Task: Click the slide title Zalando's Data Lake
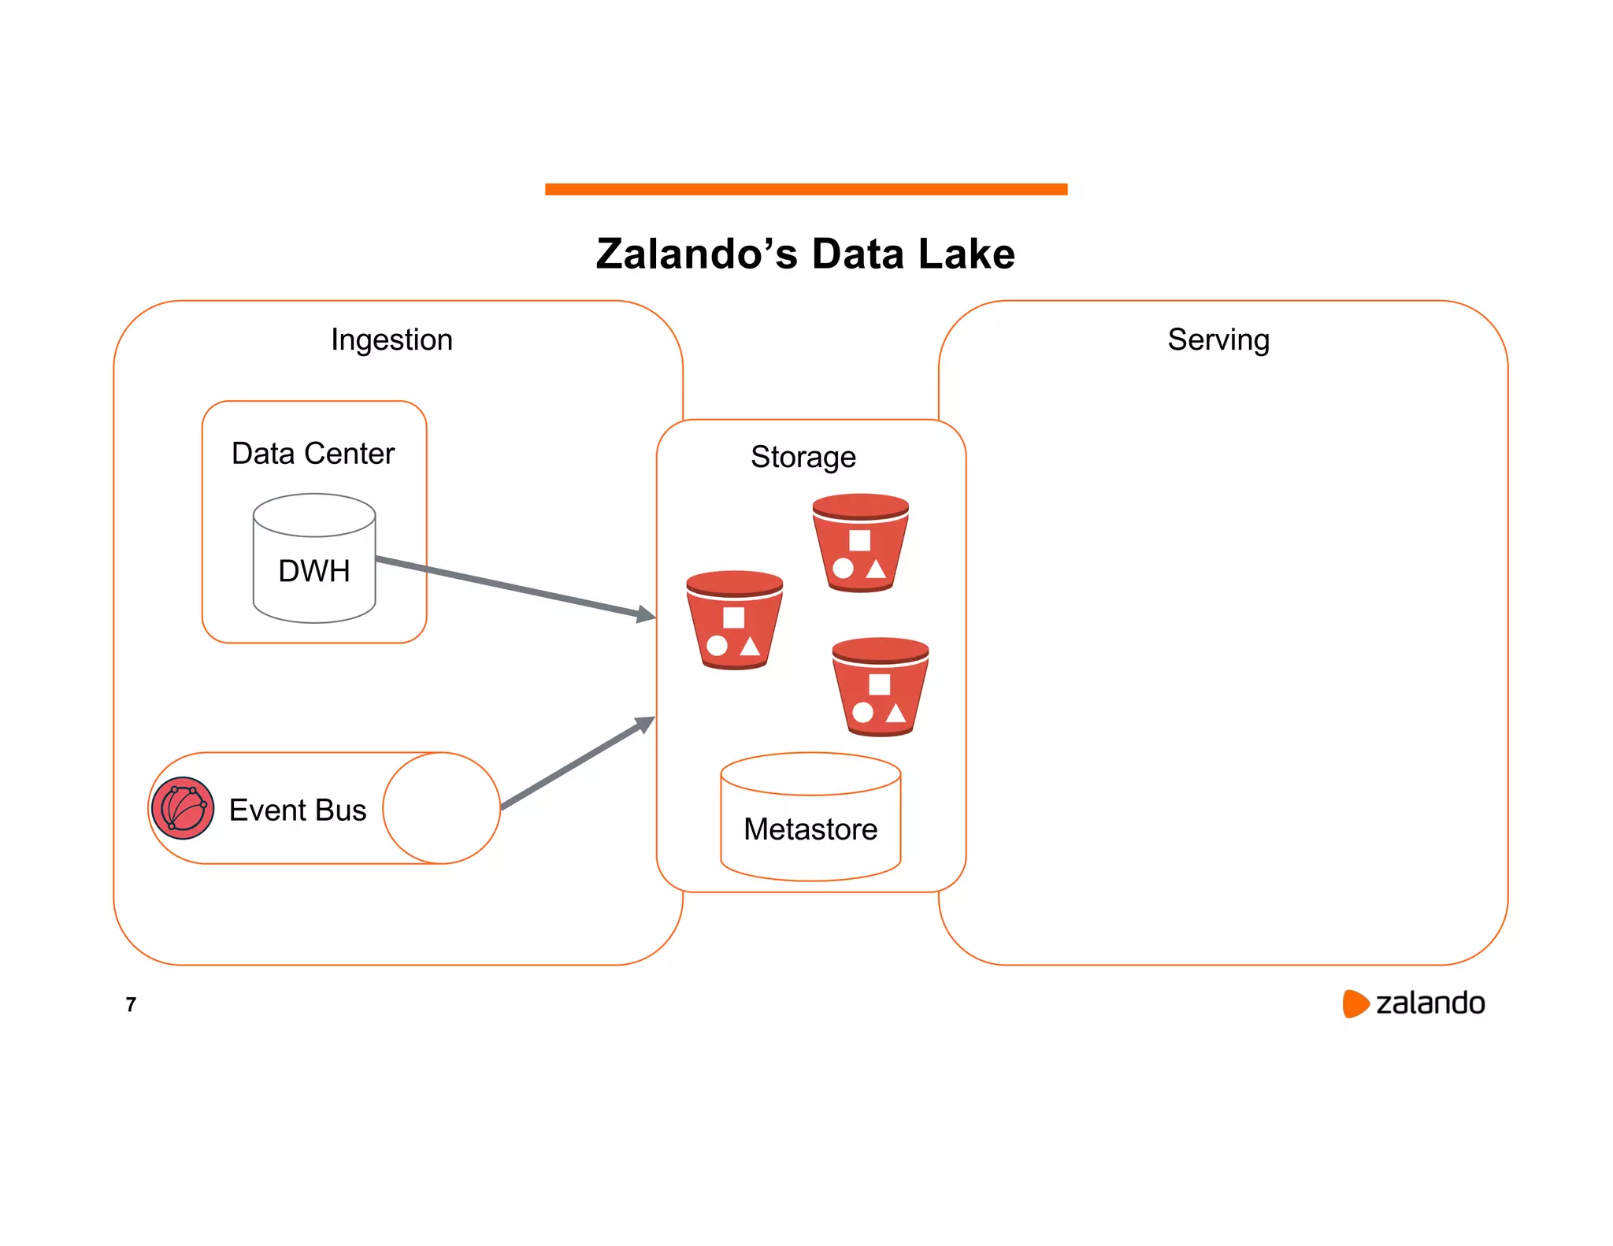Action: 805,254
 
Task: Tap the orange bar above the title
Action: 806,189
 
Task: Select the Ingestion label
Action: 391,339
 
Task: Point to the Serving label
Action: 1218,339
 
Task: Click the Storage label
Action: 803,457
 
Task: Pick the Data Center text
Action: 313,454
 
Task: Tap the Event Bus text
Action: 297,810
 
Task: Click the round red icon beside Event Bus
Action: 182,808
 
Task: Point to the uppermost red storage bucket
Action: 860,543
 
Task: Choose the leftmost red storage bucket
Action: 734,620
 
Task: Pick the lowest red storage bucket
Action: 880,687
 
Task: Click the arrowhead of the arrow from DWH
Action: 647,614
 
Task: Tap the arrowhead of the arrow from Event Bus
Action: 646,723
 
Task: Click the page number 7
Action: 131,1004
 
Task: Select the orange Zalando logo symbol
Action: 1355,1003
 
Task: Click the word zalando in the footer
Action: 1429,1003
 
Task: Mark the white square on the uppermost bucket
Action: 859,540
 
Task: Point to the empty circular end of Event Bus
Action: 441,808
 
